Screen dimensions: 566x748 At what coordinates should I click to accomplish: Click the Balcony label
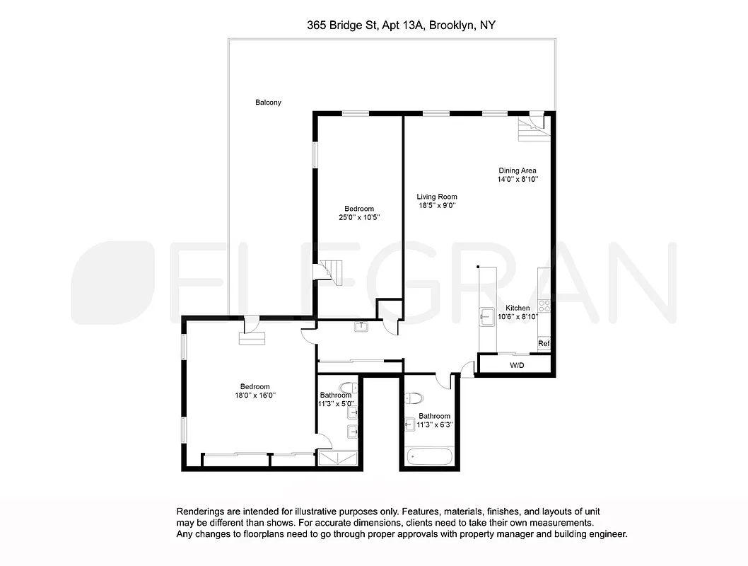click(268, 103)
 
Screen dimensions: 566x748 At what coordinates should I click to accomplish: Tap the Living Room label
click(436, 197)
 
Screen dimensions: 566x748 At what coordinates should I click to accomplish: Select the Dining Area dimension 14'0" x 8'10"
click(517, 180)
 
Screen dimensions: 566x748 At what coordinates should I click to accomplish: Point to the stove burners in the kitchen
click(544, 306)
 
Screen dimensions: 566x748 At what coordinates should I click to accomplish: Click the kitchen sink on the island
click(487, 316)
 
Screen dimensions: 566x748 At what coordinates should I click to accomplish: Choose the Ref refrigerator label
click(543, 344)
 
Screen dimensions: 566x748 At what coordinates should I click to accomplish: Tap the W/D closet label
click(517, 366)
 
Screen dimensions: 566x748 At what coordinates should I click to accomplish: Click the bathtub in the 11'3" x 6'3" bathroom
click(430, 456)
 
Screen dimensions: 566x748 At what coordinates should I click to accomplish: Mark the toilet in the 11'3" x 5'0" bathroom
click(348, 387)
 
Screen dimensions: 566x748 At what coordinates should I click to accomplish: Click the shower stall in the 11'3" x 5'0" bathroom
click(338, 459)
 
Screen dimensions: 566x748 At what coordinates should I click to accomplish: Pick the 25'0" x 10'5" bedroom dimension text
click(359, 217)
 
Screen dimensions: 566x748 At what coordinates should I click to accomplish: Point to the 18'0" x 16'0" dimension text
click(255, 395)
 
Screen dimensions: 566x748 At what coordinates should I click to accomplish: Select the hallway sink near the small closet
click(361, 326)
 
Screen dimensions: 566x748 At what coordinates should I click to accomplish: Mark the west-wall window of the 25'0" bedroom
click(315, 155)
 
